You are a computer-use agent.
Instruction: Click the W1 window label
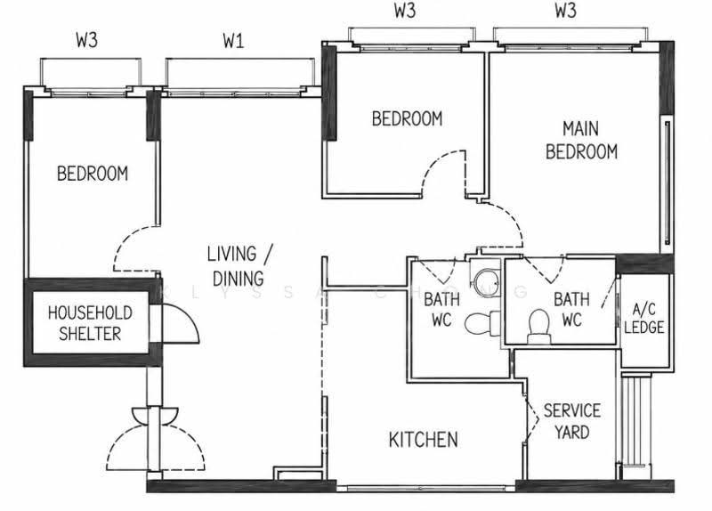[x=233, y=41]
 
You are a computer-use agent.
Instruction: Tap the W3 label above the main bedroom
[x=565, y=11]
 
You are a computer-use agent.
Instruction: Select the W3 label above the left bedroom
[x=86, y=40]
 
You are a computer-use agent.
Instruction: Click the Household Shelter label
[x=90, y=323]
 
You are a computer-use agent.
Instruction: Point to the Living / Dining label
[x=239, y=265]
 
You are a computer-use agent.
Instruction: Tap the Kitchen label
[x=424, y=440]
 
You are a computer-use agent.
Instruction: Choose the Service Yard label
[x=571, y=421]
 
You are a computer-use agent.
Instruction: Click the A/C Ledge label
[x=643, y=319]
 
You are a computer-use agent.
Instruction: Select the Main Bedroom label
[x=581, y=140]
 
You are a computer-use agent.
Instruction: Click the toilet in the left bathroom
[x=482, y=323]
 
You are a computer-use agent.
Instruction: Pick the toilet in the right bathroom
[x=539, y=326]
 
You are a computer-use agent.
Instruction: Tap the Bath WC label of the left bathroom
[x=441, y=309]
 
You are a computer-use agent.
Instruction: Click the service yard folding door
[x=531, y=418]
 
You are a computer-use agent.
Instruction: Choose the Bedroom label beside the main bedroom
[x=407, y=118]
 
